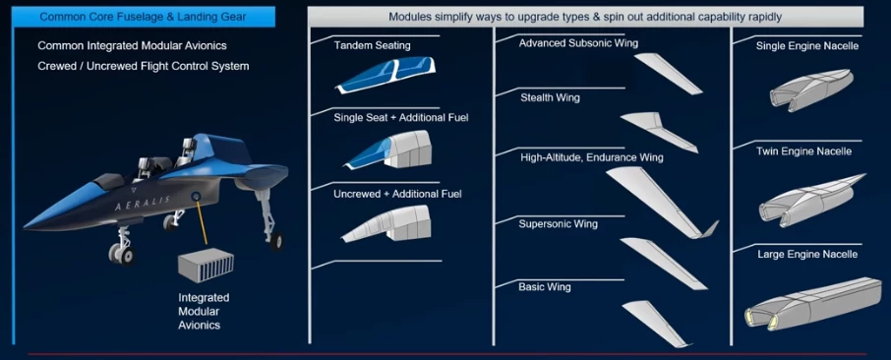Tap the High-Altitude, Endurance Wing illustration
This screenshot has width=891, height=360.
(x=659, y=203)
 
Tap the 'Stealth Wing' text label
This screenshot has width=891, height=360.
(x=550, y=98)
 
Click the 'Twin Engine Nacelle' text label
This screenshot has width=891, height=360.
(x=803, y=151)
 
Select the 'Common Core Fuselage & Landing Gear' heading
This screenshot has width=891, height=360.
(x=143, y=16)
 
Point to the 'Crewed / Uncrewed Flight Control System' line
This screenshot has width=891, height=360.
(x=143, y=66)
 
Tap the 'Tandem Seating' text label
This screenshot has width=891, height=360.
(x=372, y=46)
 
